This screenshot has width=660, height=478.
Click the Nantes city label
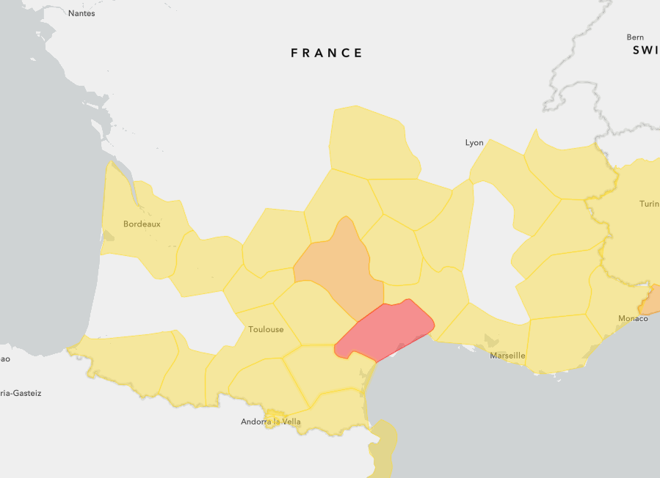coord(81,13)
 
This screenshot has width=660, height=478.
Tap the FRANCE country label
coord(327,53)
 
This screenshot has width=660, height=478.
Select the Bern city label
coord(635,37)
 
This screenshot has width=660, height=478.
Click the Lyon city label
coord(474,142)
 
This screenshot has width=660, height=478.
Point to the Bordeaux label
coord(142,224)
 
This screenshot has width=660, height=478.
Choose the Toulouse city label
coord(266,329)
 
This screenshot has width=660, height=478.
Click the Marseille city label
coord(507,356)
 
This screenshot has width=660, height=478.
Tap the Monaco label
coord(633,318)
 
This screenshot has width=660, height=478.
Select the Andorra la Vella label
coord(271,422)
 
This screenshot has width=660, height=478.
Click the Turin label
coord(649,204)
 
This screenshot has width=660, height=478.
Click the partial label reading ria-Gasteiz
coord(20,393)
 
